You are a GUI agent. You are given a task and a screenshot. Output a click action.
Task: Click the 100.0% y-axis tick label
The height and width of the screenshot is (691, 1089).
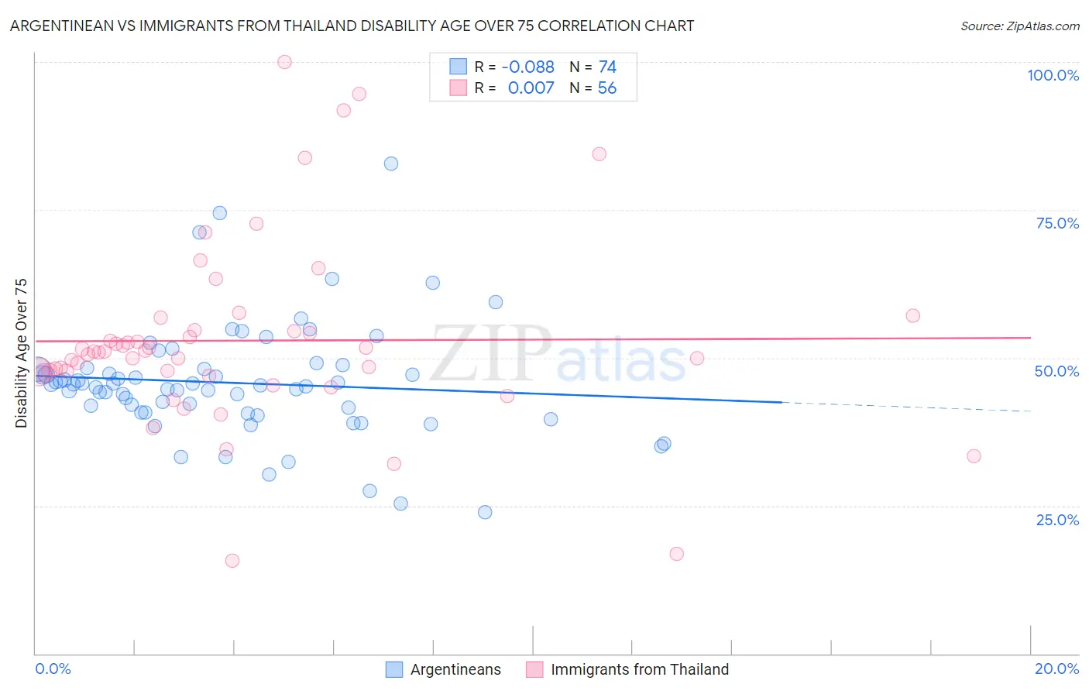1053,75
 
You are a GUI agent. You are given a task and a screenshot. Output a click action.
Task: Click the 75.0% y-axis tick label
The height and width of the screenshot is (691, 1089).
1057,223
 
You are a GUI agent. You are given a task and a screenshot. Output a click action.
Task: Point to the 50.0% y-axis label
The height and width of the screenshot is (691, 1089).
1056,371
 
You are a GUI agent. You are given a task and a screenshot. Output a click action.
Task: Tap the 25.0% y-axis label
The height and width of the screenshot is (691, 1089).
1057,519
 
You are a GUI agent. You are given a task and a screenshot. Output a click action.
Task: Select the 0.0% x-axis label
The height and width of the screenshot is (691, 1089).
53,669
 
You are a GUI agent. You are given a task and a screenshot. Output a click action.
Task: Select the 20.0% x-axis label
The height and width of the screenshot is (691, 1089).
1056,669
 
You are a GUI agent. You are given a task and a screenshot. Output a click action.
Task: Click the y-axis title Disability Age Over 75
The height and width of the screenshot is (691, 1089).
22,353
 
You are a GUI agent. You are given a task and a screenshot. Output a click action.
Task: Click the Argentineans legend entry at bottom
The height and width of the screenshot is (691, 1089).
455,669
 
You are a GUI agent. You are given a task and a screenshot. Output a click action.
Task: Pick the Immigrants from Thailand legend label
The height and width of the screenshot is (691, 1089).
640,669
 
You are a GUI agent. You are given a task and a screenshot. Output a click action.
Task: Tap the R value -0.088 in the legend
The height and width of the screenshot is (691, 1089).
527,67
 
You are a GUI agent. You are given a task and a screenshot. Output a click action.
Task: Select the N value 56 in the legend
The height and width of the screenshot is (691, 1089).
607,88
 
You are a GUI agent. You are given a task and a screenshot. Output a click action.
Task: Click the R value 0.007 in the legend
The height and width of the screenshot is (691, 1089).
531,88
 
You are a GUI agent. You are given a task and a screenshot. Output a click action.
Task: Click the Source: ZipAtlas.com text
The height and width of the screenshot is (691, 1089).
1019,26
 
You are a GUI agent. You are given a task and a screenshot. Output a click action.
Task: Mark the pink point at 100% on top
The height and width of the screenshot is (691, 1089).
284,62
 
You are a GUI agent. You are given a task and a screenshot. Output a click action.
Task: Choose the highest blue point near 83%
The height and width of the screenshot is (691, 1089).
391,163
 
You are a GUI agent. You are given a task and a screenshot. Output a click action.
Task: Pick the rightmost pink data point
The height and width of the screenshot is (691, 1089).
974,456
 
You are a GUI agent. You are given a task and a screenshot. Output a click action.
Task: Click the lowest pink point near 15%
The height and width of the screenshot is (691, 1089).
232,560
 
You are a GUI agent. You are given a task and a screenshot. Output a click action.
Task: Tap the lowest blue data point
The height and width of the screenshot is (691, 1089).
485,512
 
